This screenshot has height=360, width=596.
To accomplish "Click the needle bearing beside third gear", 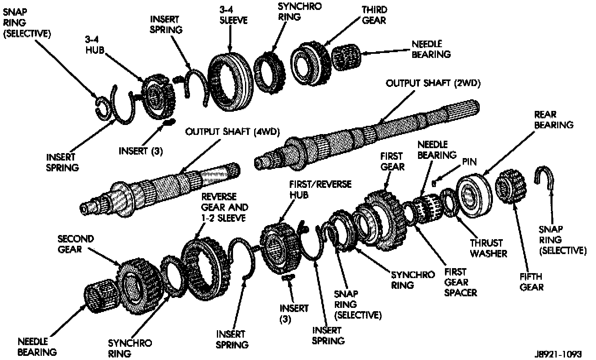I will click(x=347, y=58).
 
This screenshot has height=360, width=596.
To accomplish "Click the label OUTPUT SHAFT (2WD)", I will click(x=433, y=83).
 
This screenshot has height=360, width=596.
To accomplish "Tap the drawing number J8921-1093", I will click(x=558, y=354).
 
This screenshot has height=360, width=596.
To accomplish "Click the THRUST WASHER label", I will click(x=488, y=248).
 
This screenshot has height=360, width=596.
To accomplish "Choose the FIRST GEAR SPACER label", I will click(x=460, y=282).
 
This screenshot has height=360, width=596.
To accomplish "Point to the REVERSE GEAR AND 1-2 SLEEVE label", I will click(x=225, y=207).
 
